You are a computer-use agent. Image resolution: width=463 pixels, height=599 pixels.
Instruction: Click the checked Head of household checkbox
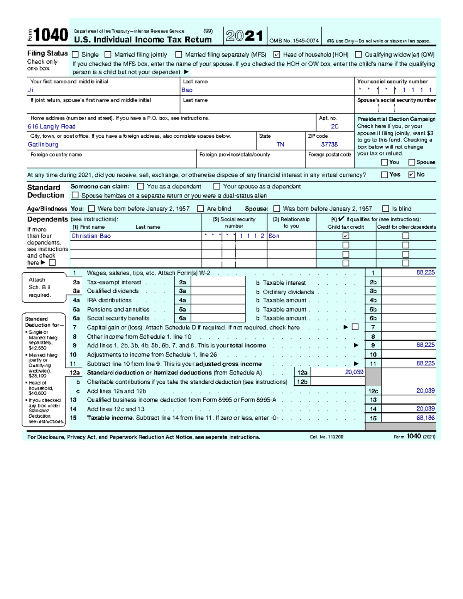point(276,55)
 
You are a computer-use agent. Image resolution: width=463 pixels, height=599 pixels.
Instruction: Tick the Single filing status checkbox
point(76,55)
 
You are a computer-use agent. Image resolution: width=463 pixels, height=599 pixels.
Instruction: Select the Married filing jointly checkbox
point(108,55)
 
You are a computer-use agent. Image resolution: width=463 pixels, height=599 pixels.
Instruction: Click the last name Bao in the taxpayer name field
point(187,90)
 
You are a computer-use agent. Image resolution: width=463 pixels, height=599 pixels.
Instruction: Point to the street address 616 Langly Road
point(51,127)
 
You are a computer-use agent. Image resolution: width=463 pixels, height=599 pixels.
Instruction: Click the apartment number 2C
point(335,127)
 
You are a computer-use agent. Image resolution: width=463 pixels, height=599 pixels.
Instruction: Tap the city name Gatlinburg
point(43,145)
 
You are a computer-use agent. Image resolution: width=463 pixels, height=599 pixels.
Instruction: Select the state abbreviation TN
point(280,145)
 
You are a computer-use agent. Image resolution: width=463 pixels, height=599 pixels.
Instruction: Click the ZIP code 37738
point(330,145)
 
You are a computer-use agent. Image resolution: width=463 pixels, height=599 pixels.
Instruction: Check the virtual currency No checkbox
point(411,175)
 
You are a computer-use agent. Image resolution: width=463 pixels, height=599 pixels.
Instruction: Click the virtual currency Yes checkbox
point(384,175)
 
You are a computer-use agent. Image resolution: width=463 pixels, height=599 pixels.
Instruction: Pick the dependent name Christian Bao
point(91,236)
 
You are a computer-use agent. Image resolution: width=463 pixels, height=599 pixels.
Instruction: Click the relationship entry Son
point(274,236)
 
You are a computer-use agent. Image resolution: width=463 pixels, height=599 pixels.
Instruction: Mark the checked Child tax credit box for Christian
point(346,236)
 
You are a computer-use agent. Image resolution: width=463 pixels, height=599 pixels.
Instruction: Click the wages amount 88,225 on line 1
point(425,273)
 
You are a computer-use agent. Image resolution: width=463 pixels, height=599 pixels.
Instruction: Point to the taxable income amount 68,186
point(425,418)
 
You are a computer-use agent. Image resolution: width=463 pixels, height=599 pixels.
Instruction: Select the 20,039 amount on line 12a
point(354,373)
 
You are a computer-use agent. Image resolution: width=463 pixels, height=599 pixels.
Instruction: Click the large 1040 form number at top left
point(51,35)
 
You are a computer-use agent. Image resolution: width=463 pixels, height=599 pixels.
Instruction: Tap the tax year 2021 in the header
point(245,36)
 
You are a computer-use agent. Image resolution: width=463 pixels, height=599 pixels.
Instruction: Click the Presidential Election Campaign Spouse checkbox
point(412,162)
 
